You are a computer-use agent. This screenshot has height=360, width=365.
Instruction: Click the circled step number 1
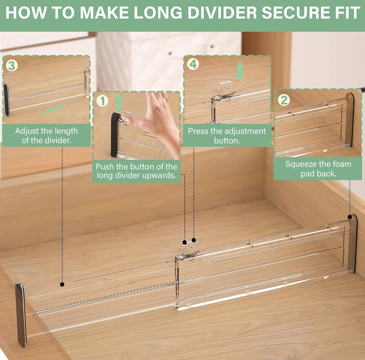(103, 101)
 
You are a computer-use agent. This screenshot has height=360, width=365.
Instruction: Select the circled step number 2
(284, 100)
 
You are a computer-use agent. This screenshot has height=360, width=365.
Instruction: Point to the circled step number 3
(12, 66)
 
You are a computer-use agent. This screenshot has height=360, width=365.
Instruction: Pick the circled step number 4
(193, 64)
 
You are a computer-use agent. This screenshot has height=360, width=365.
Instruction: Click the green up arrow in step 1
(119, 103)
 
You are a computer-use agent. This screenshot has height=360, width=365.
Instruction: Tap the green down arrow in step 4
(240, 71)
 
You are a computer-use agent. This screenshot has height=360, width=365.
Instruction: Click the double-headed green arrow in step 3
(53, 109)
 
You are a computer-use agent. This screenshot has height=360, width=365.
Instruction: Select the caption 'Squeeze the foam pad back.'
(318, 168)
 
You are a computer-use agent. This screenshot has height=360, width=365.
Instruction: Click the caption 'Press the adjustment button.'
(227, 136)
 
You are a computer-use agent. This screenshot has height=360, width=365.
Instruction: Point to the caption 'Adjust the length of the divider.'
(46, 136)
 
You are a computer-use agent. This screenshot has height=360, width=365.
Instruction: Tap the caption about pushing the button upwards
(137, 171)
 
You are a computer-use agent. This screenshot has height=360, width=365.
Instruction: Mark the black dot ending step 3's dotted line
(62, 284)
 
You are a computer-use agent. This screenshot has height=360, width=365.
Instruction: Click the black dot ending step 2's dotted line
(350, 217)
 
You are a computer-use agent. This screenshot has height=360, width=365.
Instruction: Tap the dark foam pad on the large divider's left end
(21, 315)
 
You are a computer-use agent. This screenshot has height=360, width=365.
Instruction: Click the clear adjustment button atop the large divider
(189, 250)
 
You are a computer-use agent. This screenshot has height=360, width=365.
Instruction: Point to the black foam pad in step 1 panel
(115, 135)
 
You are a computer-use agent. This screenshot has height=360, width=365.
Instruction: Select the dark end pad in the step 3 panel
(7, 100)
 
